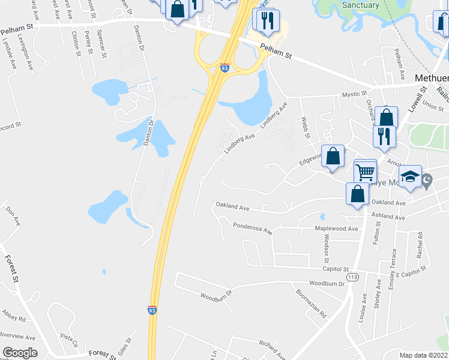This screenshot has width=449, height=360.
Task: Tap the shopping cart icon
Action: pyautogui.click(x=365, y=172)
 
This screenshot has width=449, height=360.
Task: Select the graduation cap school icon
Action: pyautogui.click(x=410, y=177)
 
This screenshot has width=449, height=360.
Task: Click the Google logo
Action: pyautogui.click(x=20, y=352)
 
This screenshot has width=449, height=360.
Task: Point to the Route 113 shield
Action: pyautogui.click(x=353, y=277)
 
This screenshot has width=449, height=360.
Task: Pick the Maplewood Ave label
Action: pyautogui.click(x=337, y=229)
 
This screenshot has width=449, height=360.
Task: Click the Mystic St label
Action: pyautogui.click(x=354, y=94)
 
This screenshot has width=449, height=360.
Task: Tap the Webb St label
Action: pyautogui.click(x=305, y=128)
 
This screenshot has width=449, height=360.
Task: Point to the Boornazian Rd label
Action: pyautogui.click(x=311, y=304)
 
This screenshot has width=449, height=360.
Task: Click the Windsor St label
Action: pyautogui.click(x=327, y=248)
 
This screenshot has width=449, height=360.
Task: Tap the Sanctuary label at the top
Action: pyautogui.click(x=360, y=5)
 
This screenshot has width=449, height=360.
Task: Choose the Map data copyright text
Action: pyautogui.click(x=424, y=355)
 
